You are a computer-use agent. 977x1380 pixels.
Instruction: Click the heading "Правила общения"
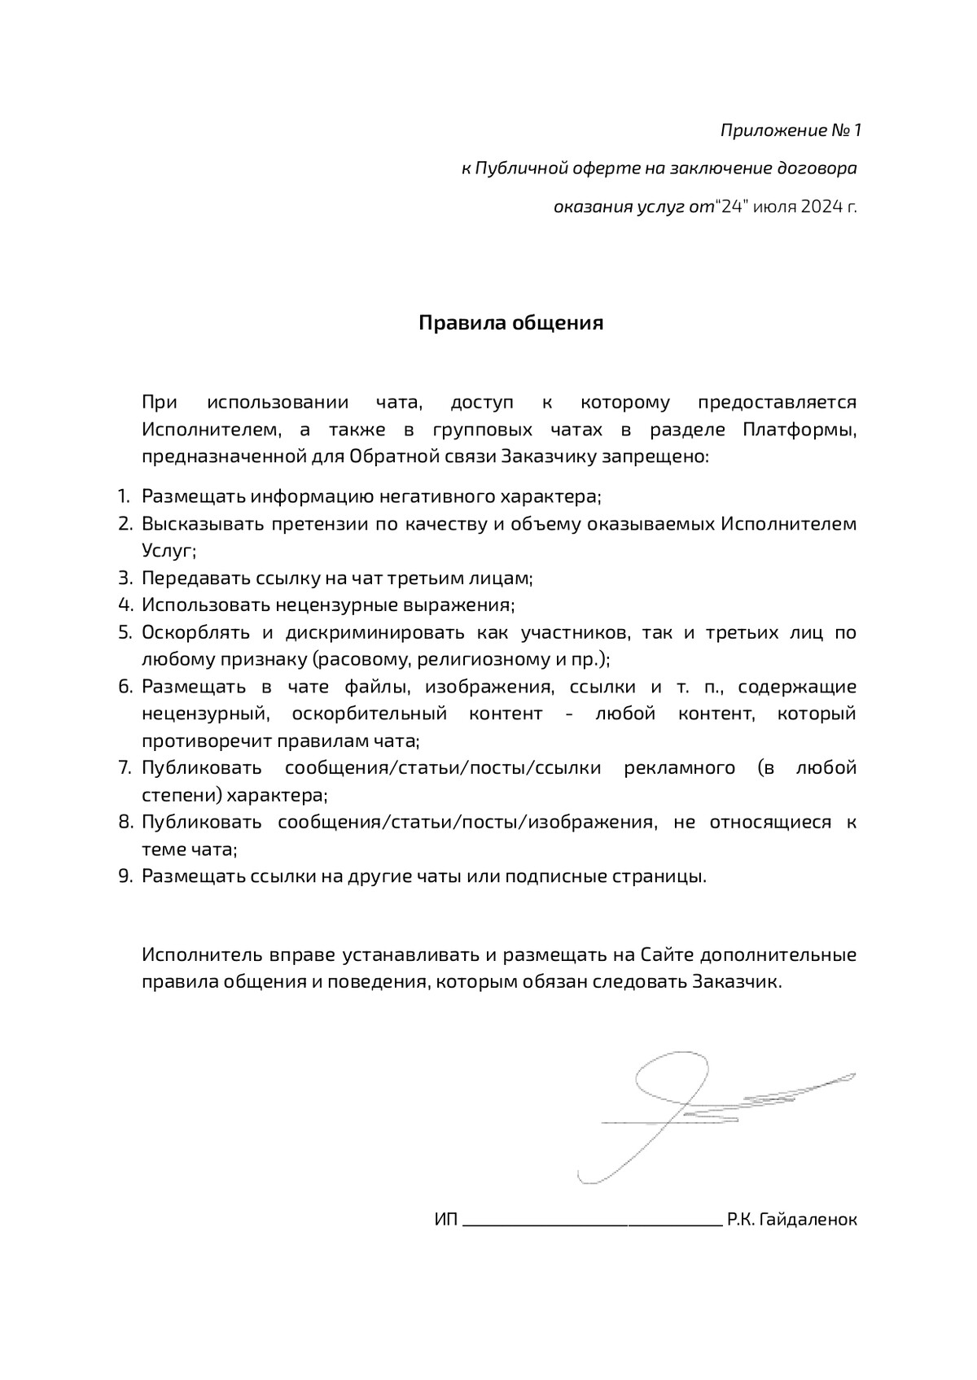510,323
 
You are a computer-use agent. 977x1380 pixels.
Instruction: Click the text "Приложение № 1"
790,131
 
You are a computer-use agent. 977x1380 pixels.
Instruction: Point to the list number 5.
125,632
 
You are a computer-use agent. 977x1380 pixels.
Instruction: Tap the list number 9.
125,876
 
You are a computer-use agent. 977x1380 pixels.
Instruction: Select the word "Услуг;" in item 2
169,551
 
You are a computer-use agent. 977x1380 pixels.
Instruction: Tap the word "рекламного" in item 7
679,767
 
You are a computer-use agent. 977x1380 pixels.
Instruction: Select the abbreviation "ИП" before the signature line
446,1220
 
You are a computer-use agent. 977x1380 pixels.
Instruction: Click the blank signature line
591,1222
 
